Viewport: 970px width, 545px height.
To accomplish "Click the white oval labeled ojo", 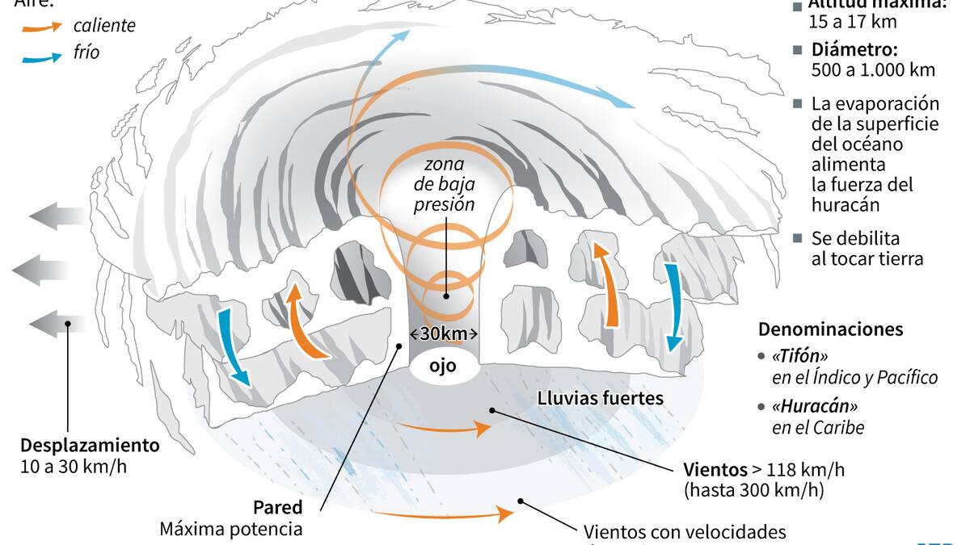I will pos(443,366).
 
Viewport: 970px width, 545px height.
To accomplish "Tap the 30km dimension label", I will pos(444,333).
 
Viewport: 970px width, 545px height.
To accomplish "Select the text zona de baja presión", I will pos(444,185).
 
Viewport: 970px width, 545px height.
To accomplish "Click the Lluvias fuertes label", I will pos(601,398).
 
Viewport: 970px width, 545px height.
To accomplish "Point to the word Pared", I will pos(279,508).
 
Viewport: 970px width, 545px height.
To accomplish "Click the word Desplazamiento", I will pos(90,445).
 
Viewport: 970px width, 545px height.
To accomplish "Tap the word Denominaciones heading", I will pos(830,329).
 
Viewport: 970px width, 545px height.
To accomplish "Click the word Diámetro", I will pos(850,48).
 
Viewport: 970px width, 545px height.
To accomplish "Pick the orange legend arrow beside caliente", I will pos(41,27).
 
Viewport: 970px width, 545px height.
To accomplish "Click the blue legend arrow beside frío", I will pos(41,57).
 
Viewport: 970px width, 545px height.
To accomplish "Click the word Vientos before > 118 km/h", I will pos(714,470).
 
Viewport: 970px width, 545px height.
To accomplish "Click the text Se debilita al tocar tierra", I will pos(867,249).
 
